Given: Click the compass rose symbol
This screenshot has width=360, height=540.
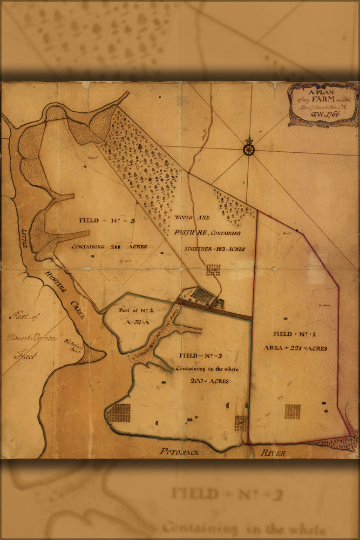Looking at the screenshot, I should (248, 148).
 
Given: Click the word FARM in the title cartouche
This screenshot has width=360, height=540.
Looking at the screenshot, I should (327, 97).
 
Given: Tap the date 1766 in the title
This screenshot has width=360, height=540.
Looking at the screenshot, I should (330, 114).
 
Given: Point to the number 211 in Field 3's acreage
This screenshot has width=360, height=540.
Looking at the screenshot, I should (114, 246).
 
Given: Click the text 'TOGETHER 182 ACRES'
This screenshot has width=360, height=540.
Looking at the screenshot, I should (214, 249).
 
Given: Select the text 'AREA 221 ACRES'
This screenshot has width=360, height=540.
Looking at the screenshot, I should (295, 348).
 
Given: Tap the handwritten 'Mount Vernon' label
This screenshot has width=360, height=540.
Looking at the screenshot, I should (32, 339).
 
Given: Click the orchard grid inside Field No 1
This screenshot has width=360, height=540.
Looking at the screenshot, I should (293, 411).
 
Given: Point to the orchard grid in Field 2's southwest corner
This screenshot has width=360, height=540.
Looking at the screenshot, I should (119, 413).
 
